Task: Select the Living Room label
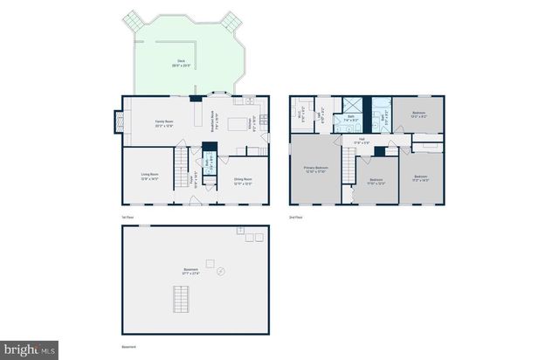coord(149,177)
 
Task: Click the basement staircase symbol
coord(182,303)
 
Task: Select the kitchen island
coord(236,125)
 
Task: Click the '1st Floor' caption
coord(128,217)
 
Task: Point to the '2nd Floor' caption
coord(295,217)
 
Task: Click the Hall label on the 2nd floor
coord(362,141)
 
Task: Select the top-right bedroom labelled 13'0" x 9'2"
coord(418,114)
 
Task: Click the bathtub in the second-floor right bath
coord(381,113)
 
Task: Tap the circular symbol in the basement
coord(219,272)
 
